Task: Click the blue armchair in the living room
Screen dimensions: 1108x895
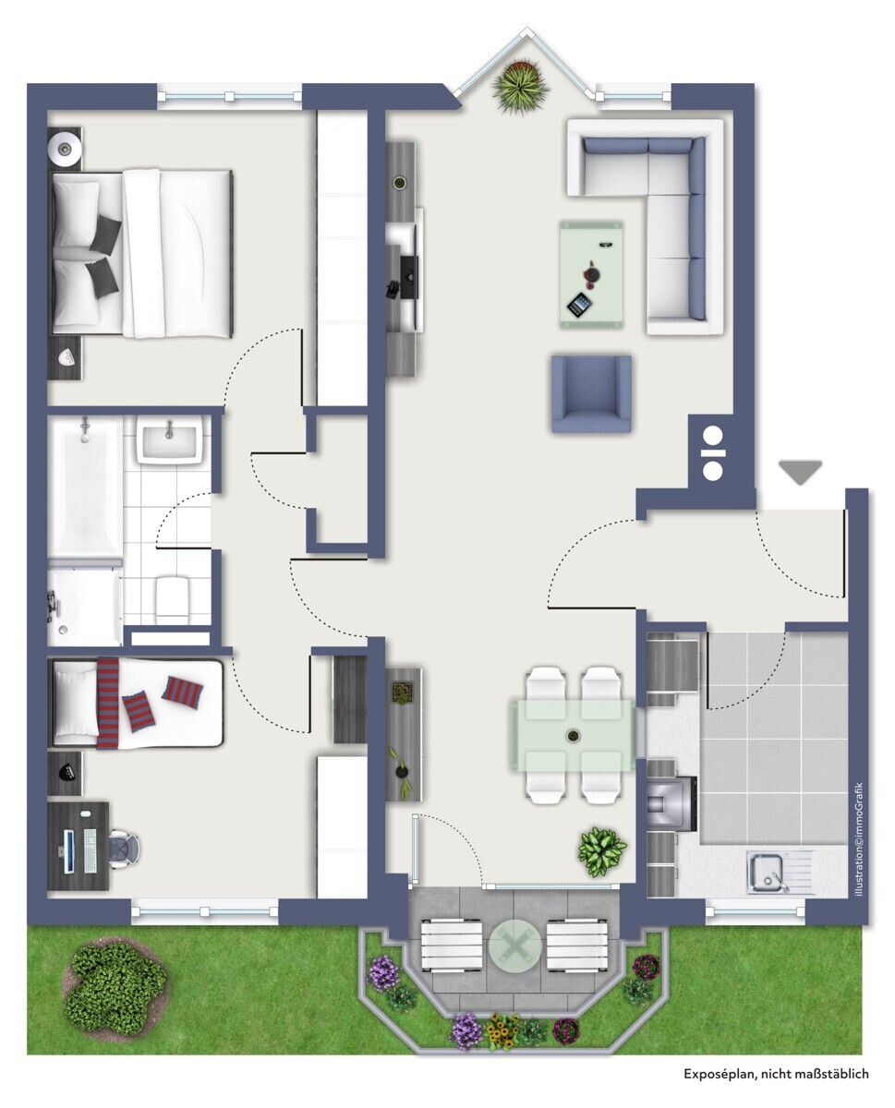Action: (x=591, y=393)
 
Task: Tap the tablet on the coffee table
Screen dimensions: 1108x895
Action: (x=579, y=304)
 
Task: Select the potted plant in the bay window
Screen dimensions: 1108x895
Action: (x=521, y=86)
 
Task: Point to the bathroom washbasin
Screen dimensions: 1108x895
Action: (x=169, y=438)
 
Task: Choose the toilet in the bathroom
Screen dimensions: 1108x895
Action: (x=172, y=598)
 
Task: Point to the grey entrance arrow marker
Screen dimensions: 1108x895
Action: (x=800, y=471)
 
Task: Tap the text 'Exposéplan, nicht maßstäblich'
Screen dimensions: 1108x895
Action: (x=776, y=1074)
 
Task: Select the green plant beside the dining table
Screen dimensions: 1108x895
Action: (x=601, y=850)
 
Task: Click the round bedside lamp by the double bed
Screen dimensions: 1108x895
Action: (x=67, y=145)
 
